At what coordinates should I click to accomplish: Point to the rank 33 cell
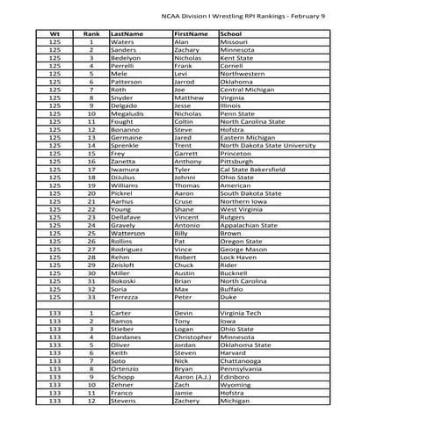[91, 297]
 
